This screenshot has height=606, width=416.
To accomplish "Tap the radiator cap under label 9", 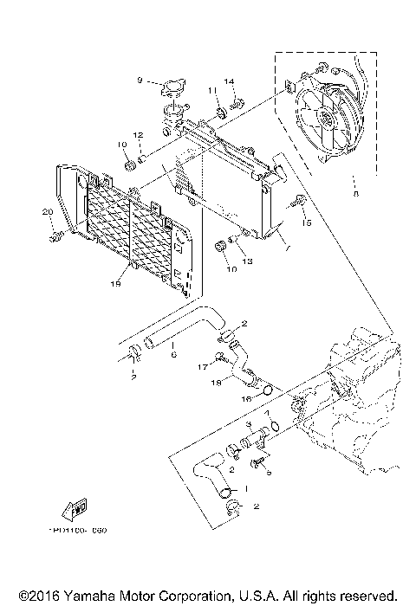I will pos(172,89).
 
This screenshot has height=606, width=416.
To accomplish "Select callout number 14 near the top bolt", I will pos(231,83).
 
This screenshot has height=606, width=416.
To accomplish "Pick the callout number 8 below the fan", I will pos(354,195).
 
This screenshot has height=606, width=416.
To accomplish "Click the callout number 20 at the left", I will pos(48,213).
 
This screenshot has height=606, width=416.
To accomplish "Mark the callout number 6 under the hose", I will pos(172,353).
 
